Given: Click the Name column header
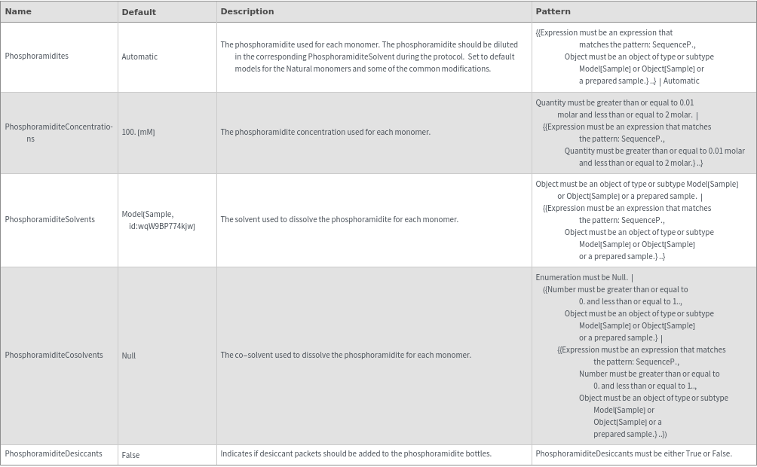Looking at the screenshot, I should (x=18, y=11).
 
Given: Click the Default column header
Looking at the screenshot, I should (x=139, y=12).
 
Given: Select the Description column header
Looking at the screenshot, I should (x=247, y=11).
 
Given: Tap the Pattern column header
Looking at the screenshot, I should (x=553, y=11).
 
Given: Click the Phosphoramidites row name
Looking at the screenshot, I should (x=37, y=56).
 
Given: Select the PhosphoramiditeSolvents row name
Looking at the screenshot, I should (x=50, y=220).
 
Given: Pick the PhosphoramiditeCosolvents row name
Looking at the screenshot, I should (x=54, y=356).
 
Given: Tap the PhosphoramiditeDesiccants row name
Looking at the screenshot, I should (x=54, y=454).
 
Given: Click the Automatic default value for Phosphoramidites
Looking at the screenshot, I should (x=139, y=56).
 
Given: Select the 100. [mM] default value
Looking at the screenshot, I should (x=138, y=133).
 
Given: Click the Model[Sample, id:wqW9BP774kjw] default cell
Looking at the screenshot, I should (x=158, y=220).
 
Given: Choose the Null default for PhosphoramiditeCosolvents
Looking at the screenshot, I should (x=129, y=356).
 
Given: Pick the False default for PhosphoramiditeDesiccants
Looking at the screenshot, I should (x=130, y=455).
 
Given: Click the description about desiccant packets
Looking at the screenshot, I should (x=356, y=454).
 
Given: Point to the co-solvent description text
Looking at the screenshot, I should (x=345, y=356).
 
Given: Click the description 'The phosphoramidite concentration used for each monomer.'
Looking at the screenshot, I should (x=325, y=133).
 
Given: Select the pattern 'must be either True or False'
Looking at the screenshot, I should (x=633, y=454).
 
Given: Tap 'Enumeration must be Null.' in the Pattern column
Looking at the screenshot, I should (x=581, y=278).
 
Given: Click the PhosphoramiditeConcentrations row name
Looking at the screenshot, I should (x=59, y=133).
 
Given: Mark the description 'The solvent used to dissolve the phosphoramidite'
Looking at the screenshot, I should (x=339, y=220).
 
